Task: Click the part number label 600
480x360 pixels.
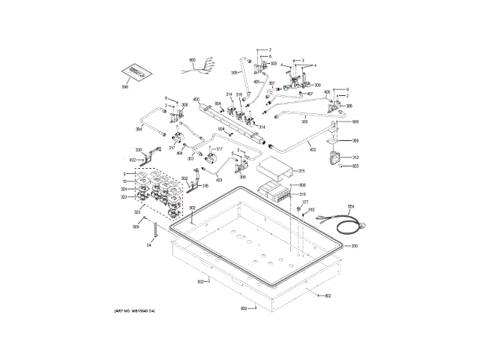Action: (x=192, y=59)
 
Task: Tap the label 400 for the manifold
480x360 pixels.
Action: (x=195, y=100)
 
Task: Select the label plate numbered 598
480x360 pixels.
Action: (x=124, y=88)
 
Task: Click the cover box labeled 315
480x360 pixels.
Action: (x=274, y=169)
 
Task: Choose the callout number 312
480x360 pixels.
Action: (x=355, y=157)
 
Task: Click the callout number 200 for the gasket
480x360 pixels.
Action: (x=355, y=246)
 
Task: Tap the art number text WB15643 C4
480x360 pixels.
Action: (x=140, y=310)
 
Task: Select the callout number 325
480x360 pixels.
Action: (x=136, y=212)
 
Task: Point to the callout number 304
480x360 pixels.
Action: (x=139, y=130)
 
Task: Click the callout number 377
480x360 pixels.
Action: (x=305, y=202)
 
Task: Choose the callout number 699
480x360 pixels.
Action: (x=356, y=121)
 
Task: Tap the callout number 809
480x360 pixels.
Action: (x=136, y=226)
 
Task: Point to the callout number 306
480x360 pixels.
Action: (x=304, y=120)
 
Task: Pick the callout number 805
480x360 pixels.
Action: (x=355, y=166)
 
